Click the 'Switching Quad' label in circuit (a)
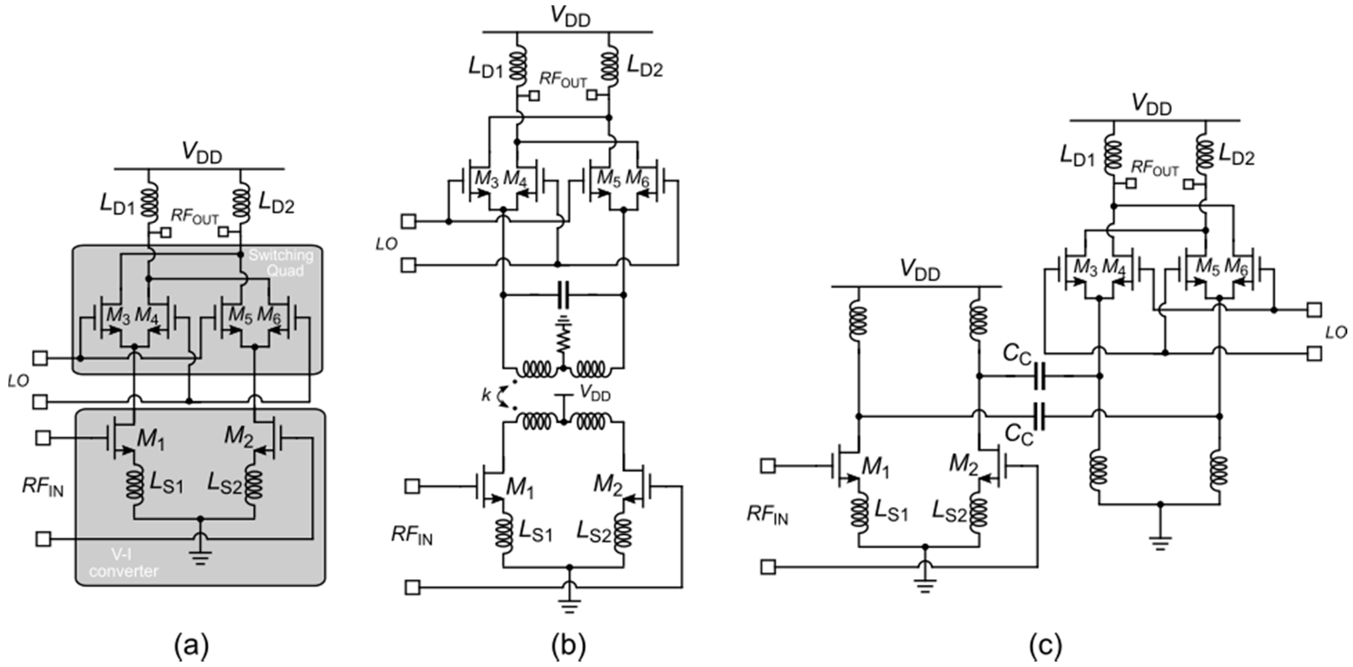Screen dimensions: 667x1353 tap(281, 263)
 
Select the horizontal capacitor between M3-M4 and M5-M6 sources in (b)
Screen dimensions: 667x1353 tap(564, 295)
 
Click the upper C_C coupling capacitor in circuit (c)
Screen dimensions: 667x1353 tap(1039, 376)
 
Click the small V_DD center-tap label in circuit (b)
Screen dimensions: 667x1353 tap(595, 393)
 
